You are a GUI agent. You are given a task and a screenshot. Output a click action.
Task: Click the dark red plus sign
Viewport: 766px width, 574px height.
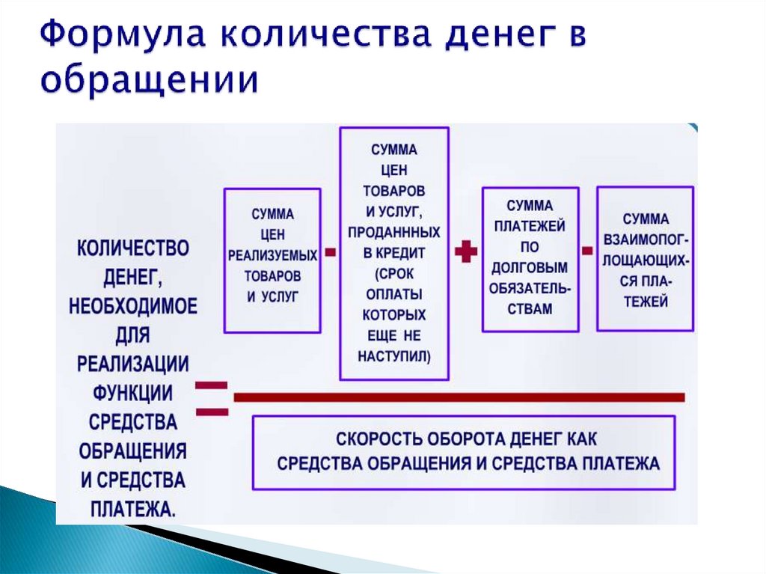466,252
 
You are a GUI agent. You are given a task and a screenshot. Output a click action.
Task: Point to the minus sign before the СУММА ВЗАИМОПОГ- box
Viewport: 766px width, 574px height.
588,250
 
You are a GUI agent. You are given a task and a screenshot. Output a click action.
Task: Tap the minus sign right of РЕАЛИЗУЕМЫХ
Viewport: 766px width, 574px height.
328,251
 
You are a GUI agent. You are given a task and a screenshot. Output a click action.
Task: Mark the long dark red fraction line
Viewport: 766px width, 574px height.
458,397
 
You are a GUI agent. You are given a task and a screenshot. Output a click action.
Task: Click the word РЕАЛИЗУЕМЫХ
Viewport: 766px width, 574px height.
272,255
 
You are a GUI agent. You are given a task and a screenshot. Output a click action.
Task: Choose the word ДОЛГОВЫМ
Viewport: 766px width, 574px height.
529,267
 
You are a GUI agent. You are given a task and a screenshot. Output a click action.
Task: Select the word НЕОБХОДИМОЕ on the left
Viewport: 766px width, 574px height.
133,306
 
